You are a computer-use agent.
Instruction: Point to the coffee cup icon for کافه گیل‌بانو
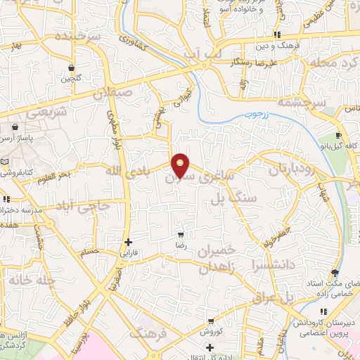338,136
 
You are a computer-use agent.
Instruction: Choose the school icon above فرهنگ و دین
278,34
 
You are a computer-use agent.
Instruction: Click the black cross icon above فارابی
127,242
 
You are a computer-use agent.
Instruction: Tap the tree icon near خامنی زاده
334,274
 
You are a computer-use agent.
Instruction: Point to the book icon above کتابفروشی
6,162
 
